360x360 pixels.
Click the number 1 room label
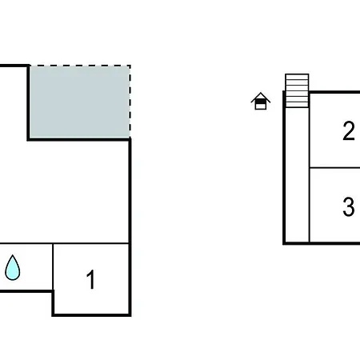tap(91, 279)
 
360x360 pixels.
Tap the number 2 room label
tap(349, 130)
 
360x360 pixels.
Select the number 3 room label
tap(349, 206)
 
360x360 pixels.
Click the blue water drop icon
tap(13, 268)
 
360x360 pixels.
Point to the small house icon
tap(261, 101)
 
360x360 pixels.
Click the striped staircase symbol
tap(297, 90)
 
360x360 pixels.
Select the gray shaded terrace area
tap(79, 102)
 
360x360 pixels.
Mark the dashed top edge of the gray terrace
tap(80, 66)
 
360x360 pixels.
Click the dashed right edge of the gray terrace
tap(130, 102)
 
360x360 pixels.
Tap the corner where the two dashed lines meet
tap(130, 66)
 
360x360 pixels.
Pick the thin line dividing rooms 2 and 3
tap(334, 168)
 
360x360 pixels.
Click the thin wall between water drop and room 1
tap(53, 266)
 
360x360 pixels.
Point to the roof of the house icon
tap(261, 97)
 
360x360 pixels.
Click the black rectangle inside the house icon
tap(261, 102)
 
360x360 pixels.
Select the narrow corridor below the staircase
tap(298, 174)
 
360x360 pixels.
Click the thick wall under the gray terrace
tap(79, 139)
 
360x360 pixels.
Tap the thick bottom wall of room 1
tap(91, 315)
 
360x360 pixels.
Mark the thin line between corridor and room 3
tap(310, 206)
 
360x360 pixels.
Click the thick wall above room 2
tap(334, 92)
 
